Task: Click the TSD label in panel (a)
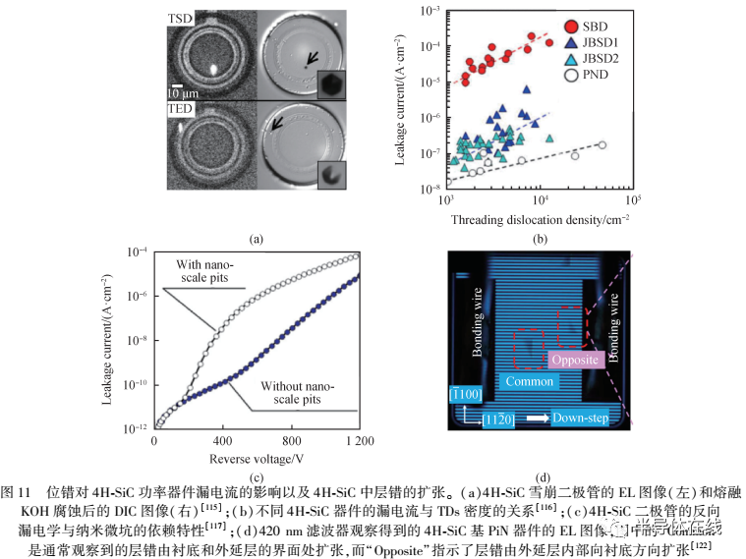click(x=182, y=19)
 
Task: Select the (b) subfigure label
click(x=539, y=239)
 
